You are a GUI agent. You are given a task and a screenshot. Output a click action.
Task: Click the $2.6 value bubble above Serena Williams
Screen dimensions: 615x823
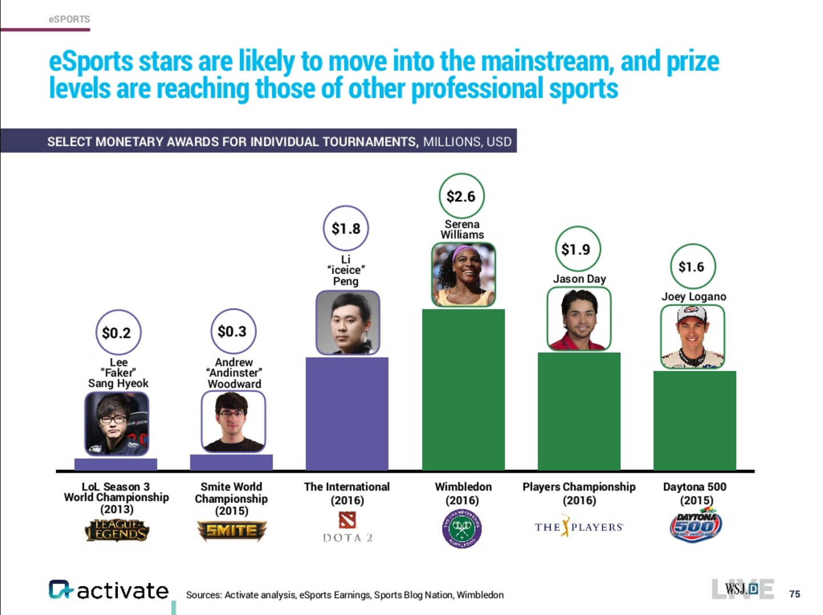click(461, 196)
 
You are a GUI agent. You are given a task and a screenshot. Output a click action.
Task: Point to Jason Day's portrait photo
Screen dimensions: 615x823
click(579, 319)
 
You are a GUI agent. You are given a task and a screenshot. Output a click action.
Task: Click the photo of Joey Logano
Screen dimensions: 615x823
click(693, 337)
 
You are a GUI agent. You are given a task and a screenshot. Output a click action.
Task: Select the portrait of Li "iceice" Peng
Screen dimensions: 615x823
click(348, 323)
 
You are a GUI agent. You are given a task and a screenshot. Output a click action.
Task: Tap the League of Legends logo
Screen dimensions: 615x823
click(117, 530)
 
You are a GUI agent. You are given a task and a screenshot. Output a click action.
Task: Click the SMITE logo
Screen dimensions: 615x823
click(231, 531)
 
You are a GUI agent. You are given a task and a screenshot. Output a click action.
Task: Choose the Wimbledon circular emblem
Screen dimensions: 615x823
click(462, 529)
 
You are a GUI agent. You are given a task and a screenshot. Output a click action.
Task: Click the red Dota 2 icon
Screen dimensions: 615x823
click(347, 520)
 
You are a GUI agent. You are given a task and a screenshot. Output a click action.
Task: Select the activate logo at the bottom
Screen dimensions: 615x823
click(109, 590)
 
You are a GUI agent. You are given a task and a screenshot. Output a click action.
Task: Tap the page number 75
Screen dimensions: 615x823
click(794, 594)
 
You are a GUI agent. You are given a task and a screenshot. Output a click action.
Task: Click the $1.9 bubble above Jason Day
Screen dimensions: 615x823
click(577, 250)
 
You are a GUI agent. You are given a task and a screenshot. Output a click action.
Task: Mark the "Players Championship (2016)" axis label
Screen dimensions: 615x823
click(579, 493)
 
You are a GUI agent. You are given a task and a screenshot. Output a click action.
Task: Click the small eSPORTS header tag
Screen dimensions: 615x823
click(69, 19)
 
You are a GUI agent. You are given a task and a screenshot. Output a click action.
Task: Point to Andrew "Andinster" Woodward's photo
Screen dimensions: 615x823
click(233, 422)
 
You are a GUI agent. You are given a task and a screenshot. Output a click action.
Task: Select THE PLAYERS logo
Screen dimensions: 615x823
click(579, 526)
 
